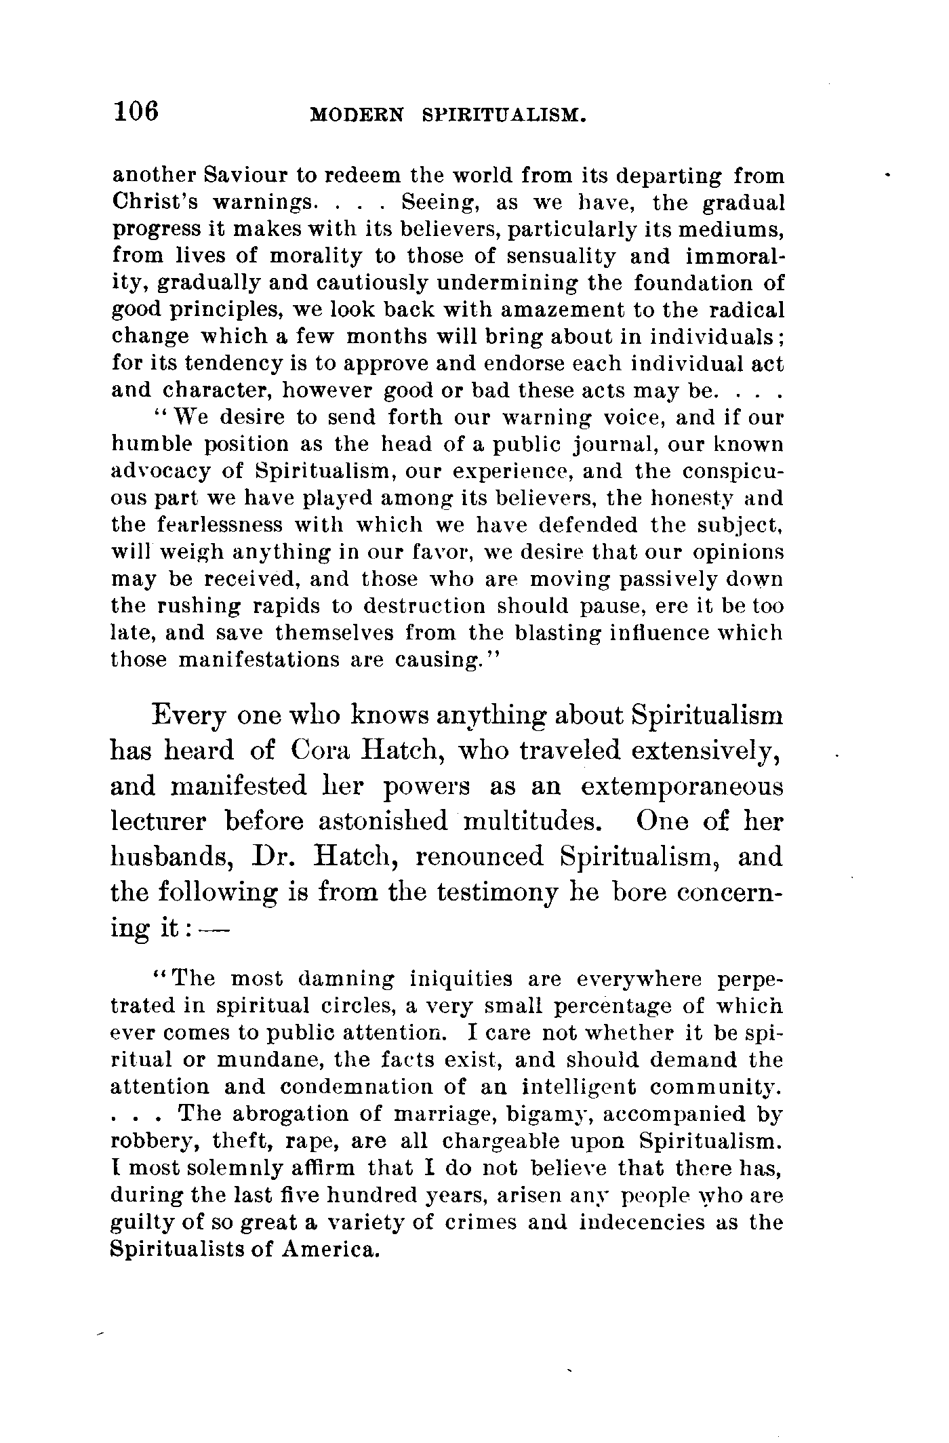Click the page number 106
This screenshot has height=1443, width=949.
[136, 110]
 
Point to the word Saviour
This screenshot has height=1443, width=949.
[244, 176]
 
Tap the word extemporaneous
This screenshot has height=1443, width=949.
[682, 787]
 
